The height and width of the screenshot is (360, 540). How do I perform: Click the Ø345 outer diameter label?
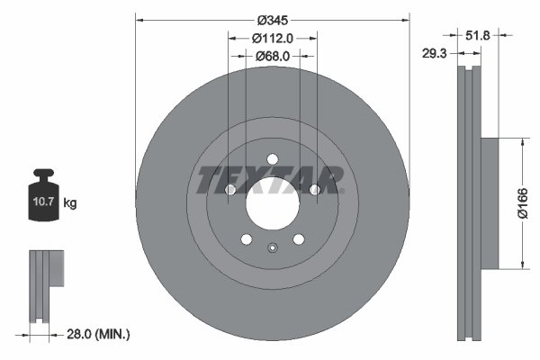click(271, 19)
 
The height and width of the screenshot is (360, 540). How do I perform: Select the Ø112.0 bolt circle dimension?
click(272, 38)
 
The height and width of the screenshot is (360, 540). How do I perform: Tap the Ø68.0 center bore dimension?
click(272, 56)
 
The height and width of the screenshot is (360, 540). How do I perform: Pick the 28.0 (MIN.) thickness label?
click(99, 334)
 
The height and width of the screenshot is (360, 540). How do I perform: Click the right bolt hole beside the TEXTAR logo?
click(314, 190)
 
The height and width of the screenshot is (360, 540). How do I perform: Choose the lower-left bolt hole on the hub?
click(246, 239)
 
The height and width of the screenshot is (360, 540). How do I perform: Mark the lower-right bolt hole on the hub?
click(298, 239)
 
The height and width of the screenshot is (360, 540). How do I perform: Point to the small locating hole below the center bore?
click(271, 248)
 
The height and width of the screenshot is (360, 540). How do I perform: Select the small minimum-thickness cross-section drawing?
click(46, 288)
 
